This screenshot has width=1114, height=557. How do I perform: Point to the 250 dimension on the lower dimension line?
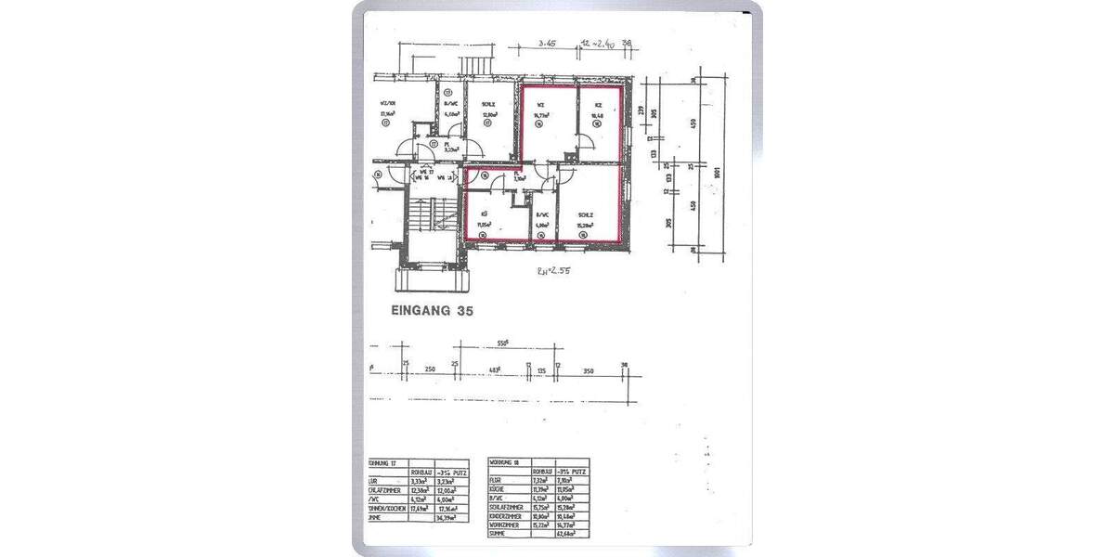click(430, 369)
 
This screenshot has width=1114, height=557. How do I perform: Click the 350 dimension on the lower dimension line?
click(589, 369)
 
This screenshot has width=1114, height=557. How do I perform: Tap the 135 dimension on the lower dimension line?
click(541, 369)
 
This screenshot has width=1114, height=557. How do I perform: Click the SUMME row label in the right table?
click(499, 534)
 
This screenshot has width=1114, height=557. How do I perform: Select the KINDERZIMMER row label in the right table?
click(507, 517)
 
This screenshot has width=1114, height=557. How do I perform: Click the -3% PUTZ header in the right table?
click(572, 472)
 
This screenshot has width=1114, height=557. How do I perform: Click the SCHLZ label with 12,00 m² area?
click(488, 105)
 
